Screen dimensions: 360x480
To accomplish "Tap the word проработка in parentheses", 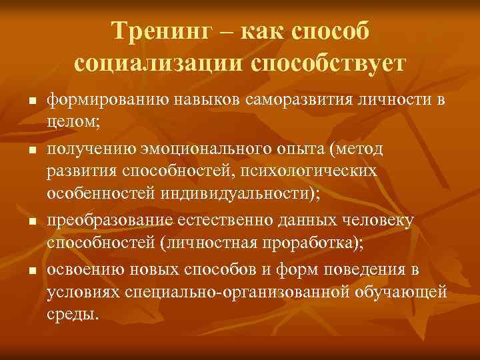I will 316,245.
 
